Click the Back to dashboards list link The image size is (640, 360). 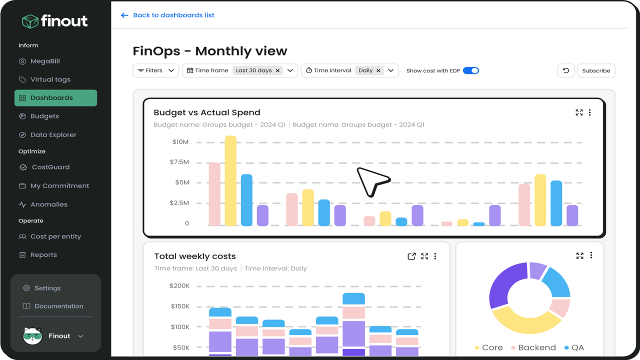167,15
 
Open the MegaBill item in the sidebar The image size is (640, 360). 39,61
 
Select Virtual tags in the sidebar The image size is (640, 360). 44,79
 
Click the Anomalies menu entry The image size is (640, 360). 43,204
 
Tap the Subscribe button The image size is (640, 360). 596,70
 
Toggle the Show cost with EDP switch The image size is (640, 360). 471,70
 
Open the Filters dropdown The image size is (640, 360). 155,70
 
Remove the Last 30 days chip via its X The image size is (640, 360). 277,70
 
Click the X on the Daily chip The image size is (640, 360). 378,70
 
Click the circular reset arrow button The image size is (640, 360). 566,70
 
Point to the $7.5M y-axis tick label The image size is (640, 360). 179,162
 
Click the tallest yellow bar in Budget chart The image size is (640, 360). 230,181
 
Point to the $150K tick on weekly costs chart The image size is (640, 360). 180,306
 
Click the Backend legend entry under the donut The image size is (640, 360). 533,347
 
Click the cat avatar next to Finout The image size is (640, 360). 32,335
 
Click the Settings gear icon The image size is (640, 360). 26,288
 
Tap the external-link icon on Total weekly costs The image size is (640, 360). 411,256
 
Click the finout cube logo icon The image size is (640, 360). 30,21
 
